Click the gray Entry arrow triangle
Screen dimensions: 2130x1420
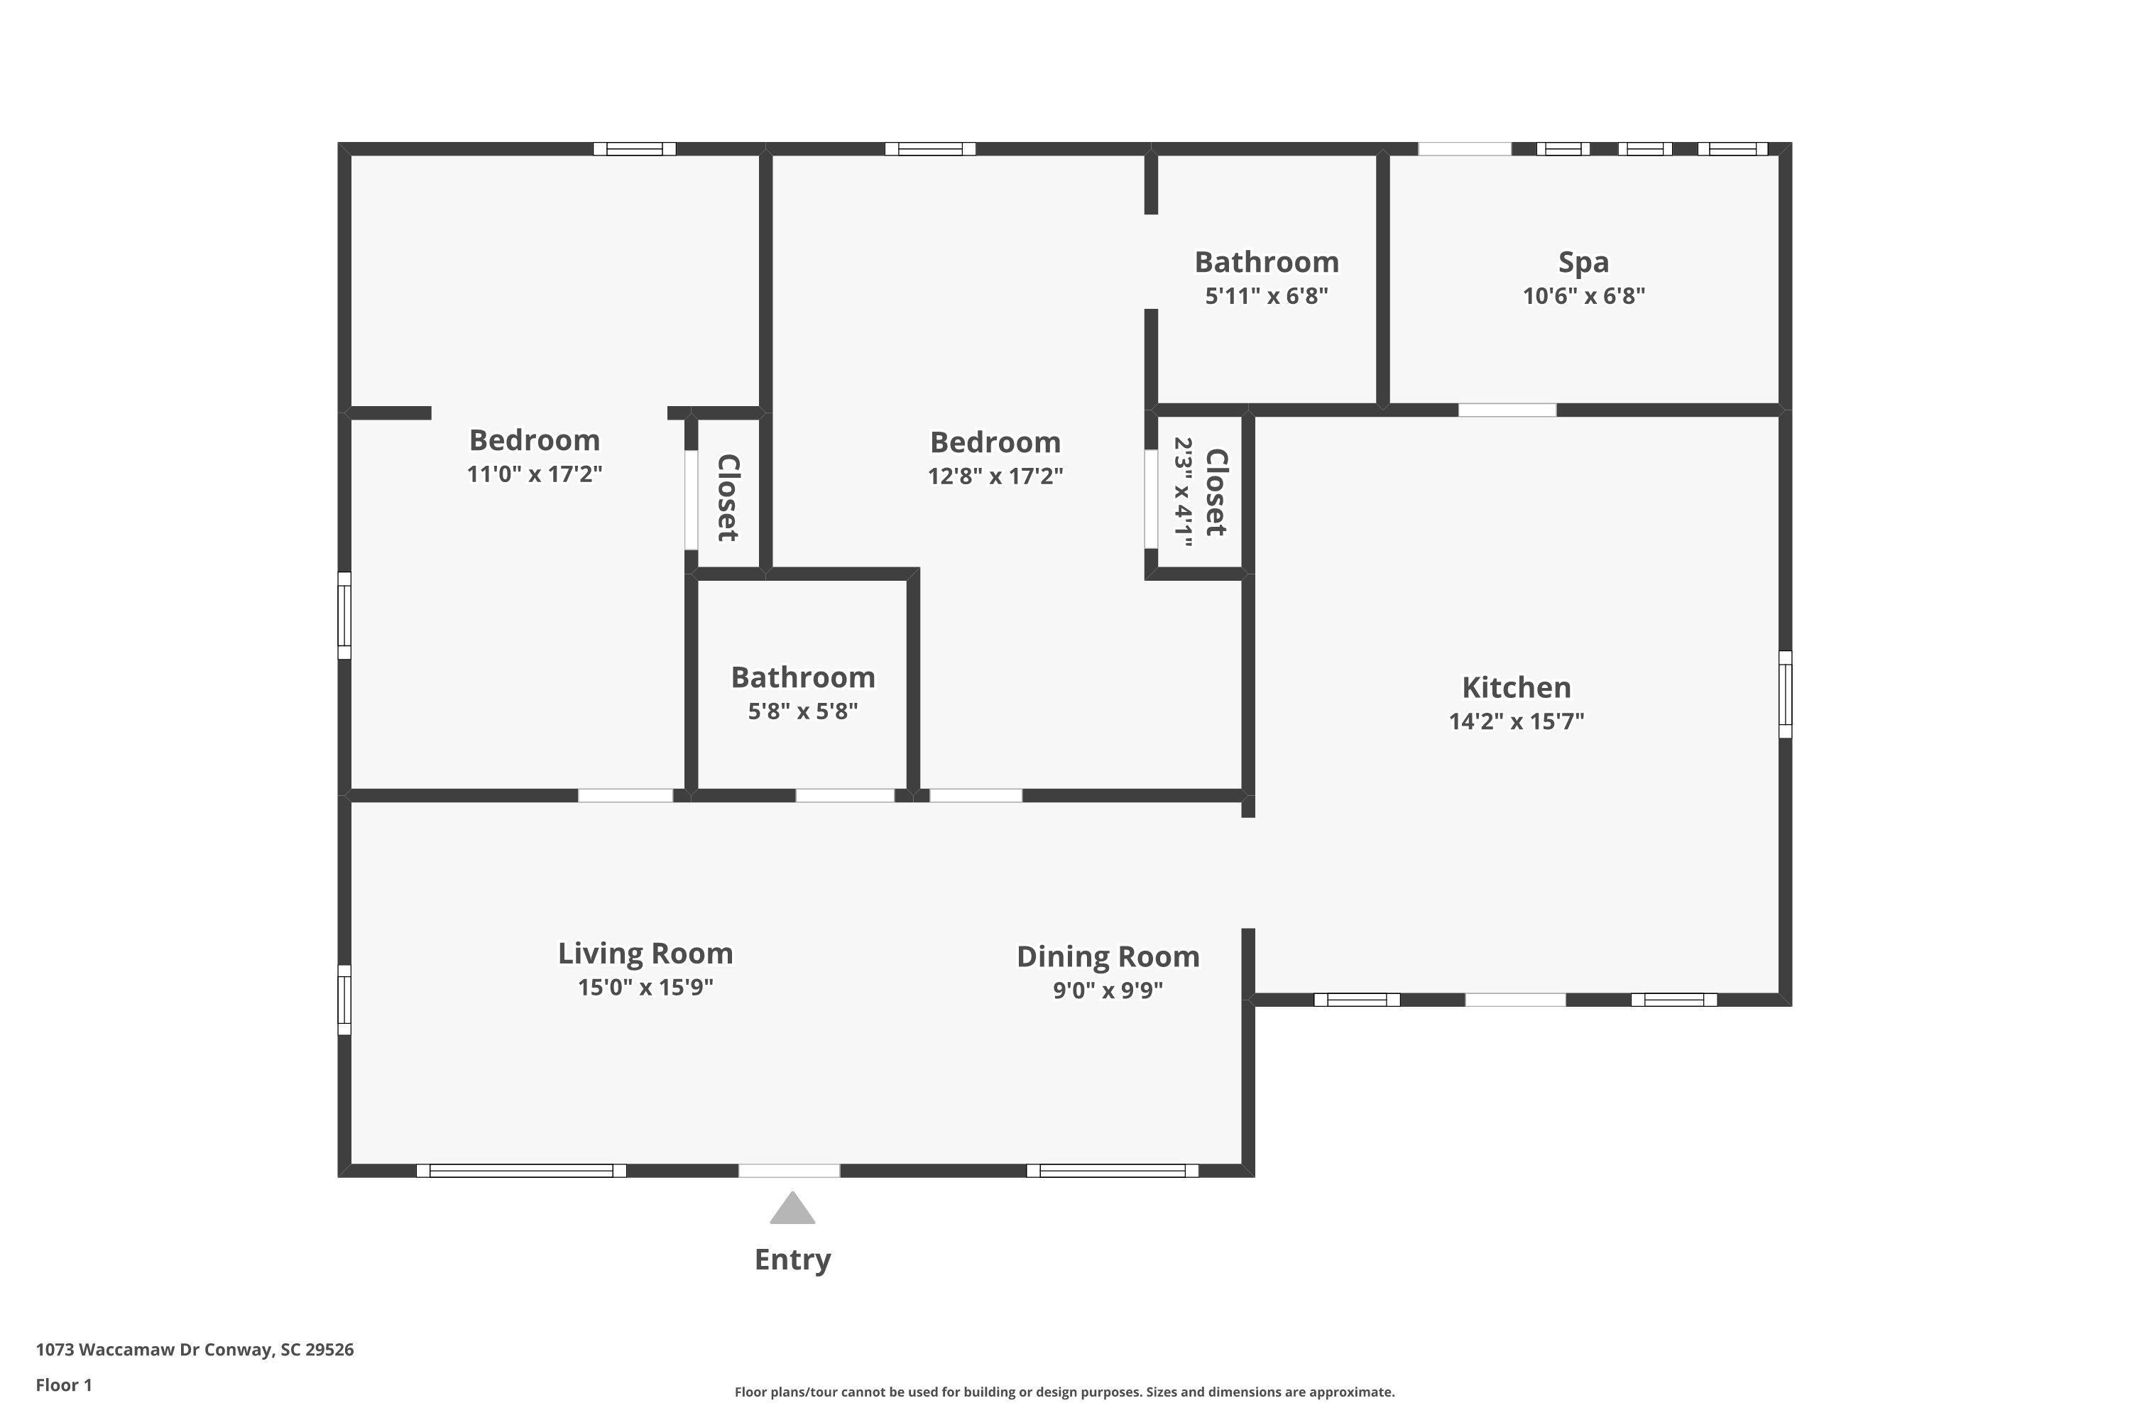pyautogui.click(x=792, y=1208)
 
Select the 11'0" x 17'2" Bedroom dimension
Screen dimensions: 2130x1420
pyautogui.click(x=535, y=474)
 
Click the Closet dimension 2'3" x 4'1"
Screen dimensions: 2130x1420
pyautogui.click(x=1184, y=492)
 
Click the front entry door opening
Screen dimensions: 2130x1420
pyautogui.click(x=789, y=1170)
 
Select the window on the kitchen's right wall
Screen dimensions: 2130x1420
pyautogui.click(x=1785, y=694)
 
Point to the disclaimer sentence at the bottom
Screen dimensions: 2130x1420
pyautogui.click(x=1064, y=1392)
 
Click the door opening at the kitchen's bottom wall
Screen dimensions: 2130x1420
pyautogui.click(x=1515, y=1000)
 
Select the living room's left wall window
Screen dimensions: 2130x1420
pyautogui.click(x=344, y=1000)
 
